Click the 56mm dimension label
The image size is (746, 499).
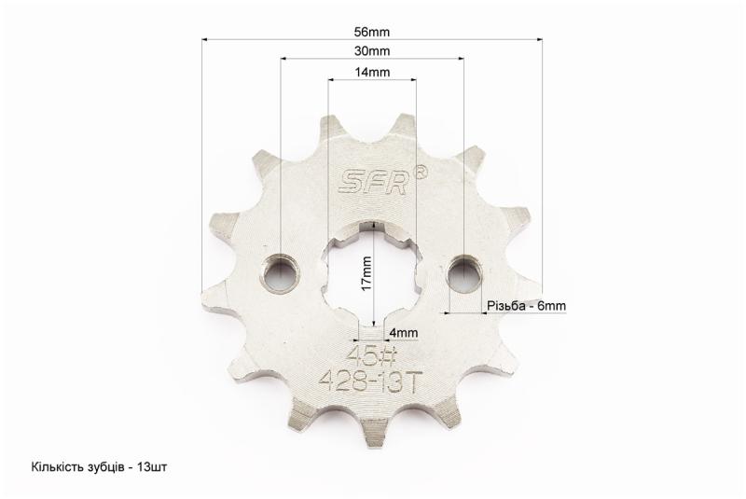point(371,32)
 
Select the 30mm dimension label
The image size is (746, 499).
point(371,51)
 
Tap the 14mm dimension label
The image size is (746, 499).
point(371,72)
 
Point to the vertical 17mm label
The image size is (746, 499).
point(366,274)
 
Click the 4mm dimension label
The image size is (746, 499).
point(403,332)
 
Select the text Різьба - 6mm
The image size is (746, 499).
point(526,305)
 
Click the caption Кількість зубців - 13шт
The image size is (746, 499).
point(99,466)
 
